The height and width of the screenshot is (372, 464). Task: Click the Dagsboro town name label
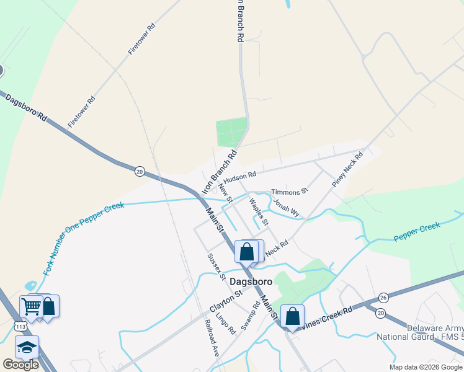[251, 281]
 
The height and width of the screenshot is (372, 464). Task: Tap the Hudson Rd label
[239, 177]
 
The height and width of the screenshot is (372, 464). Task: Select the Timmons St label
[289, 192]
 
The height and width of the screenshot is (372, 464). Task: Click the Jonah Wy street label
[287, 208]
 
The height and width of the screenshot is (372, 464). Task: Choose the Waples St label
[259, 211]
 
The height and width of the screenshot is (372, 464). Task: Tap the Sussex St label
[216, 267]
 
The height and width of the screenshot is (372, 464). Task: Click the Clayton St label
[225, 299]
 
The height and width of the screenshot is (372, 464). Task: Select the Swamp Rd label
[250, 316]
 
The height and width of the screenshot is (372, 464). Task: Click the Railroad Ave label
[212, 340]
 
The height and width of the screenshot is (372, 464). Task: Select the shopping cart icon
[31, 306]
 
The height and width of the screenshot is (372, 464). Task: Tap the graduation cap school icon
[27, 347]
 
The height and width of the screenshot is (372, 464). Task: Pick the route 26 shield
[383, 298]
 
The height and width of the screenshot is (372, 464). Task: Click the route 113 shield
[21, 326]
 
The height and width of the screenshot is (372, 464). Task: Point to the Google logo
[20, 365]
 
